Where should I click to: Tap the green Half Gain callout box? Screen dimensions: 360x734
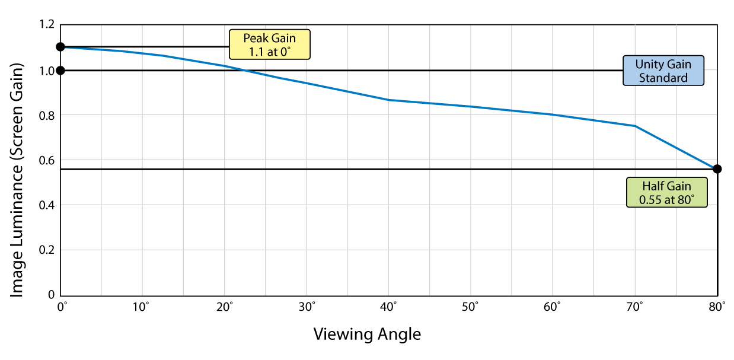(x=667, y=192)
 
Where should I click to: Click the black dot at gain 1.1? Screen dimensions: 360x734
(x=60, y=47)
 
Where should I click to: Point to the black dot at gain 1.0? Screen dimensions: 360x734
(x=60, y=71)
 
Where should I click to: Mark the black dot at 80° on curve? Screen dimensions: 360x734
(x=717, y=169)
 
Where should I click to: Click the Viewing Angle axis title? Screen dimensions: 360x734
(x=367, y=334)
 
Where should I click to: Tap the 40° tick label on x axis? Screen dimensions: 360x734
(x=389, y=308)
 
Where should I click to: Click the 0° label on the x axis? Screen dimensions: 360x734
(x=61, y=308)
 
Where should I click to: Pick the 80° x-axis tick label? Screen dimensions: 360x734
(x=717, y=308)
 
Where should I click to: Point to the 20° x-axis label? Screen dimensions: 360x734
(x=225, y=308)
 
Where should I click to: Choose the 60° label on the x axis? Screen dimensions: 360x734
(x=553, y=308)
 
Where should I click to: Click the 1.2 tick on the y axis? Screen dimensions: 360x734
(x=47, y=25)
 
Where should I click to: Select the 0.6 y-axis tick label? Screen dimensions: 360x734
(x=47, y=160)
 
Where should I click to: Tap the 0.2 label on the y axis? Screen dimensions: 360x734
(x=47, y=250)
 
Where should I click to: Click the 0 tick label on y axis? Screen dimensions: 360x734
(x=52, y=295)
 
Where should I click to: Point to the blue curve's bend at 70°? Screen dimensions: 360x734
(x=635, y=126)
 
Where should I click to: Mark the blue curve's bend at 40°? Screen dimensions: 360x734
(x=389, y=100)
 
